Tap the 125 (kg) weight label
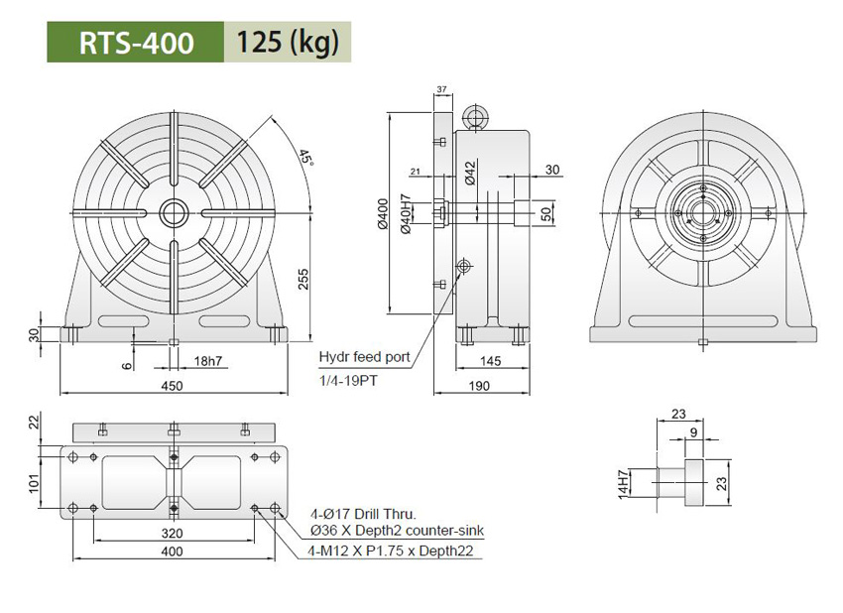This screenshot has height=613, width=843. pos(287,43)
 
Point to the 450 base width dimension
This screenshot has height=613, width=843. pos(174,388)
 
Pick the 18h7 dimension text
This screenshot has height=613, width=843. pos(208,359)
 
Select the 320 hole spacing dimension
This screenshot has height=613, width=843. pos(174,532)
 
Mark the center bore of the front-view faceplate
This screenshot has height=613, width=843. pos(174,211)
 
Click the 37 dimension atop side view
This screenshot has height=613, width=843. pos(441,90)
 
